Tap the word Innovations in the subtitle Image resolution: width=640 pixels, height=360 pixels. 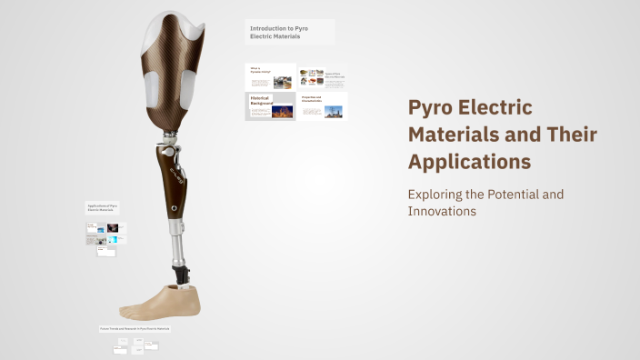tap(443, 211)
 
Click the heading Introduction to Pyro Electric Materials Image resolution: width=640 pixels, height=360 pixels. tap(290, 32)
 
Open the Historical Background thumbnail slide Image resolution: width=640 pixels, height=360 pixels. tap(270, 106)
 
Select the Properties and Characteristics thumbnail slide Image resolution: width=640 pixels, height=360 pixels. tap(323, 107)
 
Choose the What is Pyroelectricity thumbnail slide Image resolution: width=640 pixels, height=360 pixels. tap(270, 76)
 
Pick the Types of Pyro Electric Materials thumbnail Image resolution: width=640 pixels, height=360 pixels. tap(323, 76)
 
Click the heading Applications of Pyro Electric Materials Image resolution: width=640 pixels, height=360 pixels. tap(103, 207)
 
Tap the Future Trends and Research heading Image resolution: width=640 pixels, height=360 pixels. tap(135, 326)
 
